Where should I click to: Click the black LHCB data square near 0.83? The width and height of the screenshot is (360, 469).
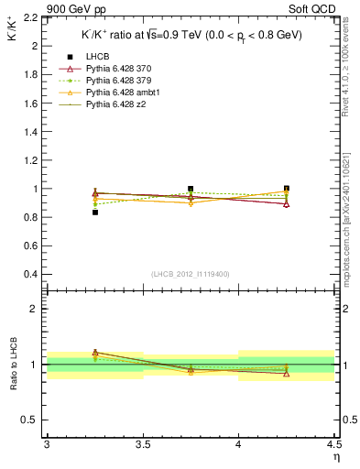tap(94, 213)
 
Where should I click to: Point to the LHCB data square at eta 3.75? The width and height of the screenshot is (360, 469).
tap(191, 189)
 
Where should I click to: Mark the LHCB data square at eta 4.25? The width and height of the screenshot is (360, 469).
tap(287, 189)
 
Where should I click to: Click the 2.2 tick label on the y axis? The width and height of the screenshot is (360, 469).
tap(30, 17)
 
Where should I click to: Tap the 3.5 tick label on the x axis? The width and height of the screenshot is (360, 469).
tap(142, 445)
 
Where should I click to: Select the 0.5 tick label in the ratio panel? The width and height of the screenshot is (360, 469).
tap(30, 420)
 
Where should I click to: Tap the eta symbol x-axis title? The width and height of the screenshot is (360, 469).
tap(335, 457)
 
